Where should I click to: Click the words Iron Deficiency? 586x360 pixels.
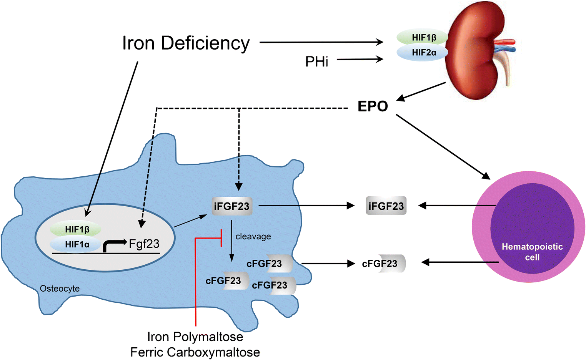point(186,43)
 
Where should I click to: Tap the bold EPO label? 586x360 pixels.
point(373,106)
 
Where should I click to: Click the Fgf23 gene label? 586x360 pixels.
point(144,244)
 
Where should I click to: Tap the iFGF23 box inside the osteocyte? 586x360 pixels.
point(231,206)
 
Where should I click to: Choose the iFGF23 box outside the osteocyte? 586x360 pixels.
point(386,206)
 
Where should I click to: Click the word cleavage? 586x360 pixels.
point(253,237)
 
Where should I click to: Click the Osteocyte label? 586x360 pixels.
point(60,289)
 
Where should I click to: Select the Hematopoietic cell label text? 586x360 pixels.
point(532,252)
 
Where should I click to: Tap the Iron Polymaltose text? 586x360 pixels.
point(195,337)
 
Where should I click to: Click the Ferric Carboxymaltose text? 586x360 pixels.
point(195,352)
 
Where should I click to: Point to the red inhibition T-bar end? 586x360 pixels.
point(221,238)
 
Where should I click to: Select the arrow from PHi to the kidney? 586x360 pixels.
point(360,59)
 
